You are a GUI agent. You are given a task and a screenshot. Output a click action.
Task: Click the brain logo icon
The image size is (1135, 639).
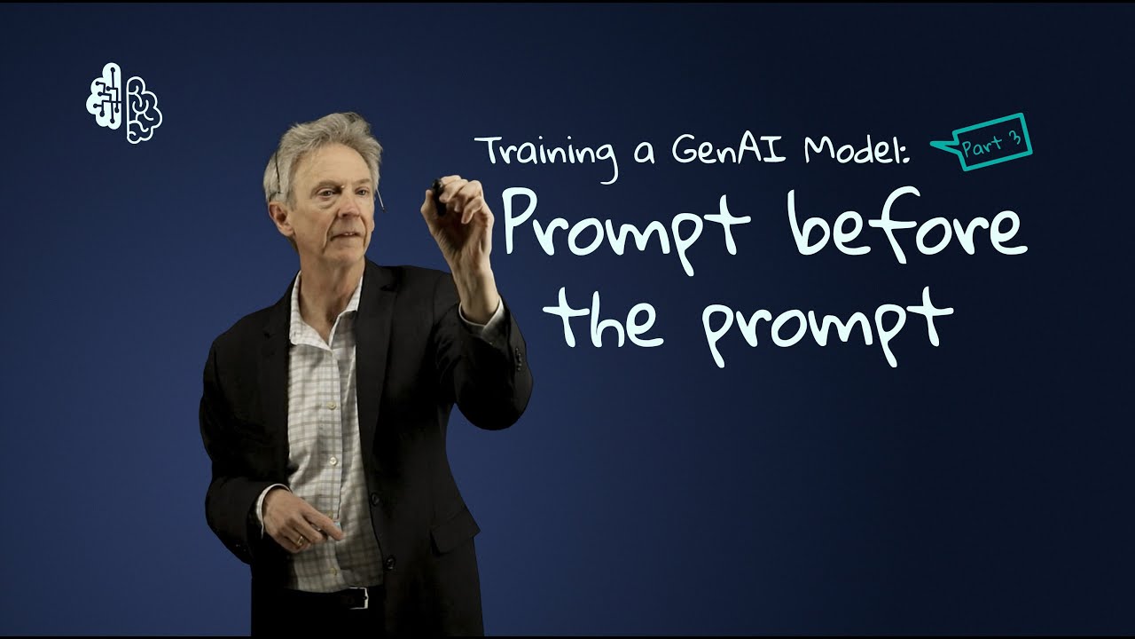[124, 103]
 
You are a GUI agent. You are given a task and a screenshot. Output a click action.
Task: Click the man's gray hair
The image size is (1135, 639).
[319, 142]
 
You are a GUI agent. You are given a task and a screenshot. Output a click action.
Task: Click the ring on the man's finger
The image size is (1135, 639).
[299, 539]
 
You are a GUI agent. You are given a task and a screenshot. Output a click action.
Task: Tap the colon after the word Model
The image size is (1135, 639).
[906, 153]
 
